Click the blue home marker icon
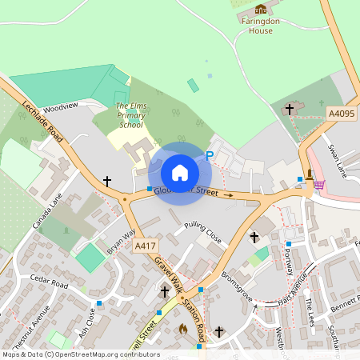tap(180, 172)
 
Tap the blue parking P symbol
tap(210, 157)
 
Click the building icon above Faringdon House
tap(260, 9)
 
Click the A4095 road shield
tap(342, 114)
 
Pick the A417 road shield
tap(146, 245)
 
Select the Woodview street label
tap(61, 106)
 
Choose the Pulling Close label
tap(202, 233)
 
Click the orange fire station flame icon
tap(182, 328)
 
